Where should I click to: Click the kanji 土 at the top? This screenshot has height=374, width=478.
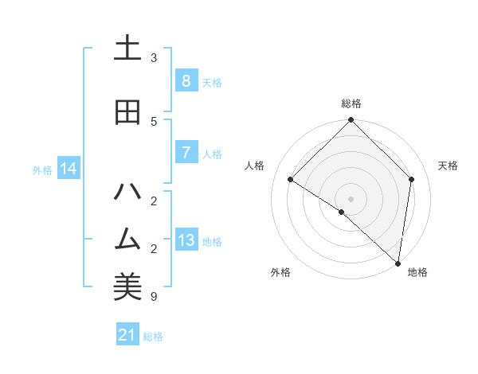tap(127, 49)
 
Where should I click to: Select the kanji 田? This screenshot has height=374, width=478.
tap(127, 112)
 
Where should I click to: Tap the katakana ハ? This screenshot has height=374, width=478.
tap(127, 192)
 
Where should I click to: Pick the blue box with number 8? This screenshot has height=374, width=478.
tap(186, 81)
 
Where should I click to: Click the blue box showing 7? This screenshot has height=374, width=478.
tap(186, 153)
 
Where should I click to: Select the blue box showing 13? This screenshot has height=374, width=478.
tap(186, 240)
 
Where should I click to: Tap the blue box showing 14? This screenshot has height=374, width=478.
tap(69, 169)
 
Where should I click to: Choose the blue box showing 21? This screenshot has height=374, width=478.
tap(127, 336)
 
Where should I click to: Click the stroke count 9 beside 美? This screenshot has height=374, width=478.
tap(154, 297)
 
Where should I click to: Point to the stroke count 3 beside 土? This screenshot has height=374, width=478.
tap(154, 58)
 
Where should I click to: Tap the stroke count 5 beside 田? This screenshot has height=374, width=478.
tap(154, 121)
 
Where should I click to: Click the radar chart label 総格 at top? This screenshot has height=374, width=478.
tap(351, 103)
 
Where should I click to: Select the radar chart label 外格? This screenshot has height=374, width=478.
tap(280, 272)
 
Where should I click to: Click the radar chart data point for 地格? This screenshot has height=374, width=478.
tap(398, 263)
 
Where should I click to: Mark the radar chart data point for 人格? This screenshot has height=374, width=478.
tap(291, 179)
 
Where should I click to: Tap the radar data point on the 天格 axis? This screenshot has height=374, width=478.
tap(412, 179)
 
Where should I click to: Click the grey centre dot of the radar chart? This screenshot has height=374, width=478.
tap(351, 199)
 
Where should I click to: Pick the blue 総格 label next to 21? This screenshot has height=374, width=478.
tap(153, 337)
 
